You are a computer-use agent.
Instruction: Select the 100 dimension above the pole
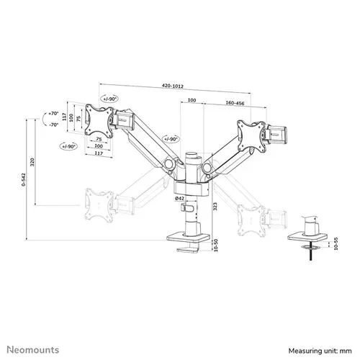point(190,102)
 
